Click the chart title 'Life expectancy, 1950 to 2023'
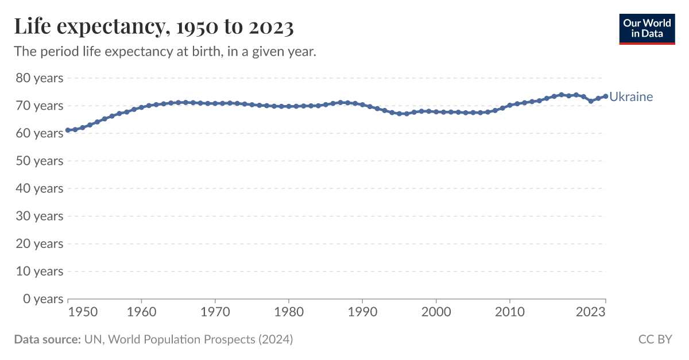(x=154, y=27)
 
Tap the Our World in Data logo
(x=647, y=29)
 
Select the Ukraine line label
(x=631, y=96)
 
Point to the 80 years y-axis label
(x=38, y=78)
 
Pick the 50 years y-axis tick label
(x=38, y=161)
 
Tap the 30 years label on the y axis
(x=38, y=216)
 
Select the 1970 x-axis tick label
(x=215, y=312)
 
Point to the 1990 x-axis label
(x=362, y=312)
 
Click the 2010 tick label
(x=510, y=312)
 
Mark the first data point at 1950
(x=68, y=130)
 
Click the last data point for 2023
(x=605, y=96)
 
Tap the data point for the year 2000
(x=436, y=111)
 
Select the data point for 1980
(x=289, y=106)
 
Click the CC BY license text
(x=655, y=339)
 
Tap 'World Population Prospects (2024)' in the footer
(x=200, y=339)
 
